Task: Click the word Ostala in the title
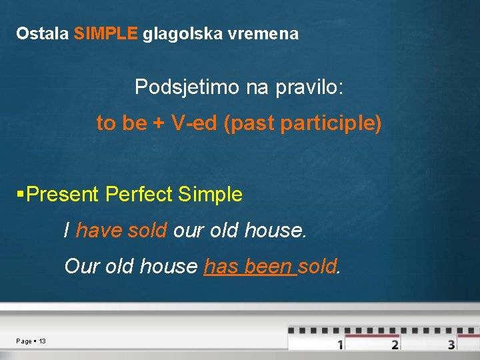coord(42,33)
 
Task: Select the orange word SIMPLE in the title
coord(106,33)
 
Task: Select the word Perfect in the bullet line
coord(139,195)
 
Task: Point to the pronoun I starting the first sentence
coord(67,231)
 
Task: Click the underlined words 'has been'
coord(248,267)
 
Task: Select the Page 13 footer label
coord(31,341)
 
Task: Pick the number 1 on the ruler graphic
coord(340,345)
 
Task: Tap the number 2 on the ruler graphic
coord(395,345)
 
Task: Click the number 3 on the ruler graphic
coord(451,345)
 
